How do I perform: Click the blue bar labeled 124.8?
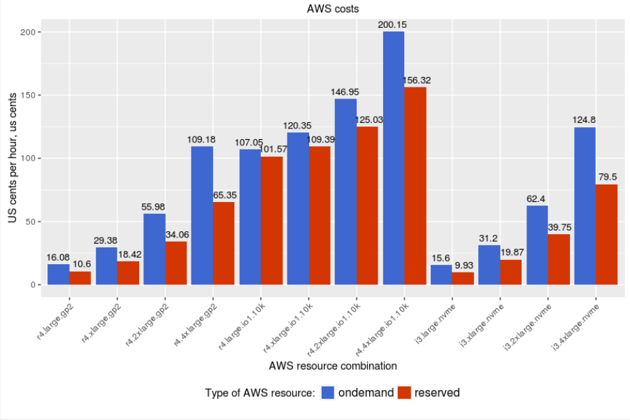pyautogui.click(x=585, y=206)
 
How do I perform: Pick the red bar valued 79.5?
pyautogui.click(x=606, y=235)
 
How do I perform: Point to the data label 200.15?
pyautogui.click(x=392, y=24)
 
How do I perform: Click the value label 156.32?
pyautogui.click(x=417, y=80)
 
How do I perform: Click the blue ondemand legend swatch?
pyautogui.click(x=328, y=393)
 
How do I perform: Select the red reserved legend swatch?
pyautogui.click(x=404, y=393)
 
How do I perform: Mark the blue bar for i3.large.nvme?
pyautogui.click(x=441, y=275)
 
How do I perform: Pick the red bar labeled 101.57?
pyautogui.click(x=272, y=221)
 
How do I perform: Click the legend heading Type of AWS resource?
pyautogui.click(x=259, y=393)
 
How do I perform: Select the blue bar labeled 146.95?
pyautogui.click(x=345, y=191)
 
